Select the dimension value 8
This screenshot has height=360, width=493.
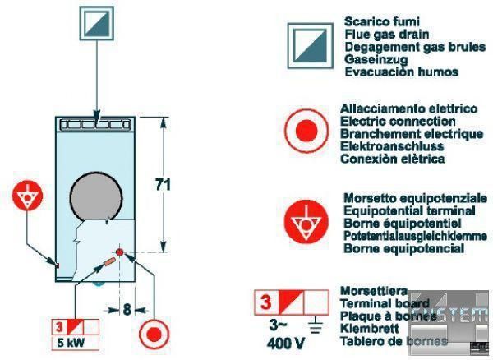tap(128, 310)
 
